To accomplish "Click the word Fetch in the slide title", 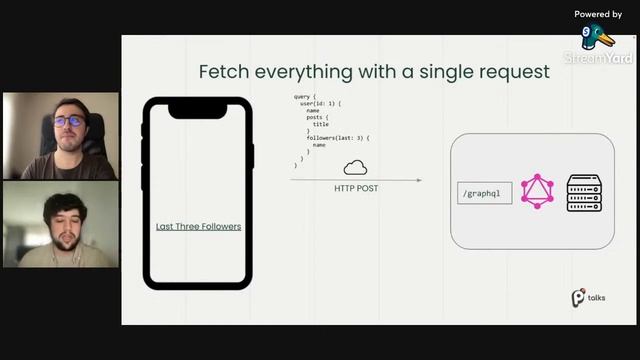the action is (222, 72).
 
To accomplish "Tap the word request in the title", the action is (512, 72).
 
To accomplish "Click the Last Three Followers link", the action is (198, 227).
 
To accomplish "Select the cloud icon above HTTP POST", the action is (355, 167).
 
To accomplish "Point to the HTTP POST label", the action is (355, 187).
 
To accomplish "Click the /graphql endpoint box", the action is (484, 192).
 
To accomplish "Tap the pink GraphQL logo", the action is (537, 191).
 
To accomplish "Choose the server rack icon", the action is (584, 191).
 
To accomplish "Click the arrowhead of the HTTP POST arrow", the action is (418, 180).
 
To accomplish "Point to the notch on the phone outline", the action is (198, 109).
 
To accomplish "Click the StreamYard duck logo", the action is (598, 37).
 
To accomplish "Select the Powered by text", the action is (598, 14).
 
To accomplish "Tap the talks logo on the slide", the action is (588, 298).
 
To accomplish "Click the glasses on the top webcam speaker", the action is (68, 121).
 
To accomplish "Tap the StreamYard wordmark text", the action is (598, 58).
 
